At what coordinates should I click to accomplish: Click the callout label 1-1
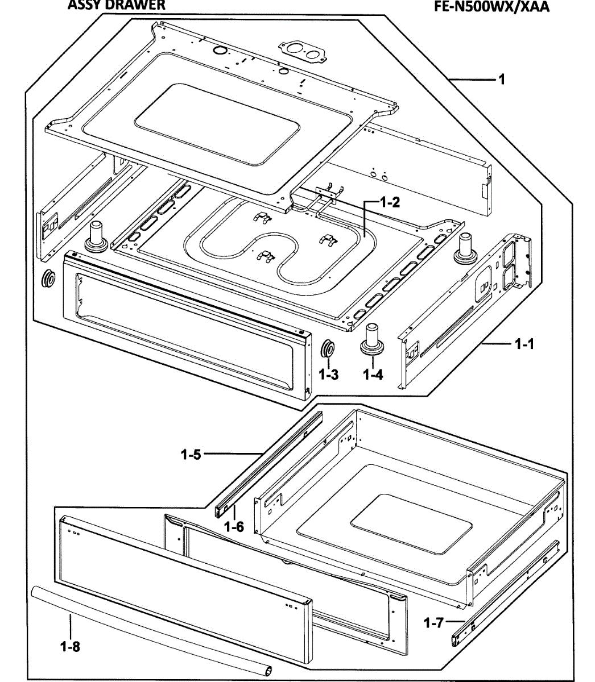tap(523, 344)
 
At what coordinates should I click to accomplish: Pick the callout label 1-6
tap(234, 527)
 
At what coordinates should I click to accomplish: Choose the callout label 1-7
tap(433, 623)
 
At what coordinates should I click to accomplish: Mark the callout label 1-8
tap(69, 646)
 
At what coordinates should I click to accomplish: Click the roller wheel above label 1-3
tap(328, 349)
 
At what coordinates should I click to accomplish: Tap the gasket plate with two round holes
tap(301, 52)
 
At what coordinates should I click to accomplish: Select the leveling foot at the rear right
tap(465, 248)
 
